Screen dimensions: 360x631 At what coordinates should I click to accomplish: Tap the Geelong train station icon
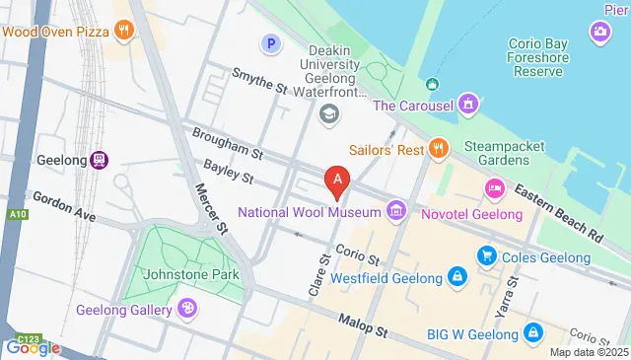100,160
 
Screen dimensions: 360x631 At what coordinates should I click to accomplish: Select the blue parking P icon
270,42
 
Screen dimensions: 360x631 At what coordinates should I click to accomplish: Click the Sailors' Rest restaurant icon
440,149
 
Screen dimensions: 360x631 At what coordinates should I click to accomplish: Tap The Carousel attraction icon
468,104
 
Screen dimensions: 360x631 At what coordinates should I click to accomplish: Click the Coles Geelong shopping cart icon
486,255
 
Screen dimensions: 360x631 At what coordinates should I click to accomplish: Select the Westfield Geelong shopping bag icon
456,277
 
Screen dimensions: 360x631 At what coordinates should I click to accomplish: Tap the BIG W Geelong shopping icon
533,332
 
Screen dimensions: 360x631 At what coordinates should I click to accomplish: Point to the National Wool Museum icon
396,210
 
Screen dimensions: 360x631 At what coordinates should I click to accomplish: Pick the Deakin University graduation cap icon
328,115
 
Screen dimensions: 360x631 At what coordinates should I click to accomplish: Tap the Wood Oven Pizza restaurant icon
123,30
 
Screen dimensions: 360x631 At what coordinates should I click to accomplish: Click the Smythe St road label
258,81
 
